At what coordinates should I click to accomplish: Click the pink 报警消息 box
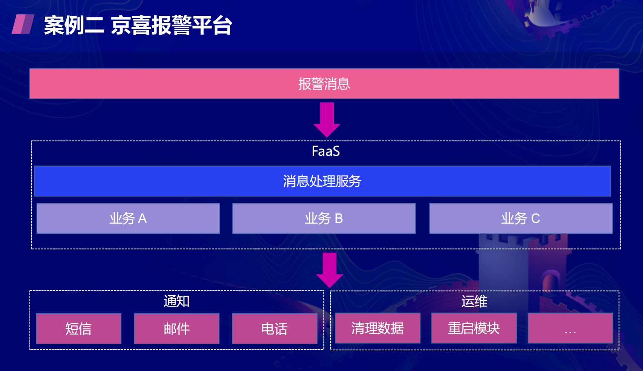click(324, 83)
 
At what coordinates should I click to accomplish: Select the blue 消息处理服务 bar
click(322, 181)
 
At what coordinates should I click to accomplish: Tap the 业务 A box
click(128, 218)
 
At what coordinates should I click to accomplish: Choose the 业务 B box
click(324, 218)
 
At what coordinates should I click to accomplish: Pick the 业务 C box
click(521, 218)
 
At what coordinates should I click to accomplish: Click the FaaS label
click(326, 151)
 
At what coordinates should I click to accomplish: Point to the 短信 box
click(79, 328)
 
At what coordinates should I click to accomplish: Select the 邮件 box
click(176, 328)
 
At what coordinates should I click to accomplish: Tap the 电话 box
click(275, 328)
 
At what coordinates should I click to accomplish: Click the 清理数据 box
click(378, 328)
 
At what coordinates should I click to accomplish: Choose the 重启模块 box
click(474, 328)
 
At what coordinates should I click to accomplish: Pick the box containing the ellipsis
click(570, 328)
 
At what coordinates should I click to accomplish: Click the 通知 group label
click(176, 301)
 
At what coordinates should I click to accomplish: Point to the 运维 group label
click(474, 301)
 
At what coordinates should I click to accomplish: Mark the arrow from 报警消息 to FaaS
click(327, 120)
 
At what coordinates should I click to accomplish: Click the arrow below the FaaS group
click(330, 270)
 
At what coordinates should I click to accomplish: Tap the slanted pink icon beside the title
click(23, 24)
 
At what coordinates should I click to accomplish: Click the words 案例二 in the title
click(74, 26)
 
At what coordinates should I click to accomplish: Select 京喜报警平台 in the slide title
click(171, 26)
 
